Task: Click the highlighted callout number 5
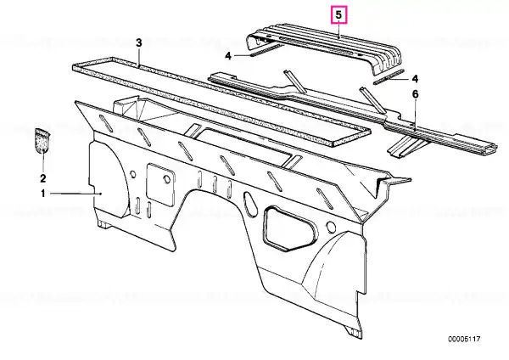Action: click(x=338, y=15)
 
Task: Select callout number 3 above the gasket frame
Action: click(x=139, y=43)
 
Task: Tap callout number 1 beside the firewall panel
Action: click(x=43, y=194)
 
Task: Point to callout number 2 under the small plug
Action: click(x=43, y=178)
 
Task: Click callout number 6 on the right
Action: click(x=416, y=94)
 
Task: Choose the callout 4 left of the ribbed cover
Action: click(x=228, y=56)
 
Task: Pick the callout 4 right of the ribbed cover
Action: click(x=415, y=79)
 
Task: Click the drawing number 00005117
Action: click(x=464, y=340)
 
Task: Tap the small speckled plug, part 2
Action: click(x=42, y=140)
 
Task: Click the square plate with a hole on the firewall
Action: click(x=160, y=184)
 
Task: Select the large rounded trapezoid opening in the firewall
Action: click(x=291, y=228)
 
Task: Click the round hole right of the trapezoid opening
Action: click(x=331, y=227)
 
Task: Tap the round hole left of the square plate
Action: click(x=133, y=174)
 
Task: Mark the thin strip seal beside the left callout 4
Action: click(x=267, y=50)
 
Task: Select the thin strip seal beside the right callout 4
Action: click(x=389, y=76)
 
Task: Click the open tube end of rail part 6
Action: click(x=490, y=148)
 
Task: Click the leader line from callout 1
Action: click(x=76, y=194)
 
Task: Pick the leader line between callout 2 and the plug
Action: click(x=43, y=160)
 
